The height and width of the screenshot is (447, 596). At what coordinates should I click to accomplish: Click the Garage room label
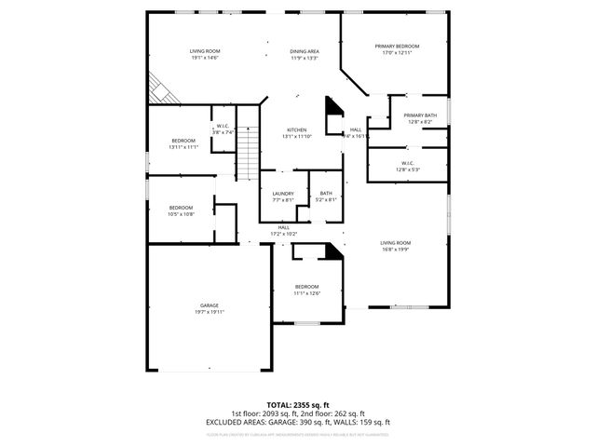tap(209, 305)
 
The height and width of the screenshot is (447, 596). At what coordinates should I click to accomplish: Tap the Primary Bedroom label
tap(398, 47)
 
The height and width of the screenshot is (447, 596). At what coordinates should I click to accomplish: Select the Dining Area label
tap(305, 51)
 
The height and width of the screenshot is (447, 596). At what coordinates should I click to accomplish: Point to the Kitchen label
tap(296, 129)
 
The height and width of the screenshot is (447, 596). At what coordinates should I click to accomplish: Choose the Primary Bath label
tap(420, 115)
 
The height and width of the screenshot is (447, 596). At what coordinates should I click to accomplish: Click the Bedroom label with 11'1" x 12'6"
tap(307, 286)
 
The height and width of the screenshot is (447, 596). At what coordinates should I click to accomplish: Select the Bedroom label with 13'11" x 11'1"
tap(183, 141)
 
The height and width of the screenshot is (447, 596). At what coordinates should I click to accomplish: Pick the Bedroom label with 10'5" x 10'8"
tap(181, 207)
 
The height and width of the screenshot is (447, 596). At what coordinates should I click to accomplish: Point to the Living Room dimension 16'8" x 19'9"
tap(396, 249)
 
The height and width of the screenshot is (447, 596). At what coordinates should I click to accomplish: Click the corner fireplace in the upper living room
tap(159, 89)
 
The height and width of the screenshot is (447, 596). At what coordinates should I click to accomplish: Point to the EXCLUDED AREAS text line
tap(298, 422)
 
